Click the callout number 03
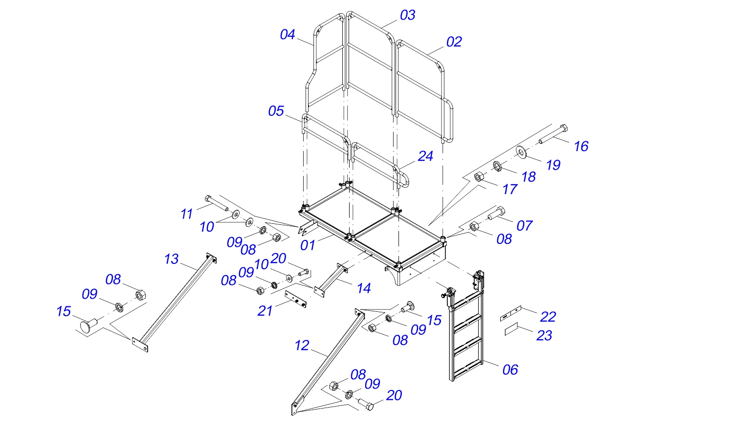407,15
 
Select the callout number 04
287,35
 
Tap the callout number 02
454,42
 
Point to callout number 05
276,111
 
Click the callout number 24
425,156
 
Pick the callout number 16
581,146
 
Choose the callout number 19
553,165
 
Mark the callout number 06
510,370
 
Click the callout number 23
544,336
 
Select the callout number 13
171,259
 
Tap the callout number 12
302,346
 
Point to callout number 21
265,311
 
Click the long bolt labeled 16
554,135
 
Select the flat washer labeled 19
521,152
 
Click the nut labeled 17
479,177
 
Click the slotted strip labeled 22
510,313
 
